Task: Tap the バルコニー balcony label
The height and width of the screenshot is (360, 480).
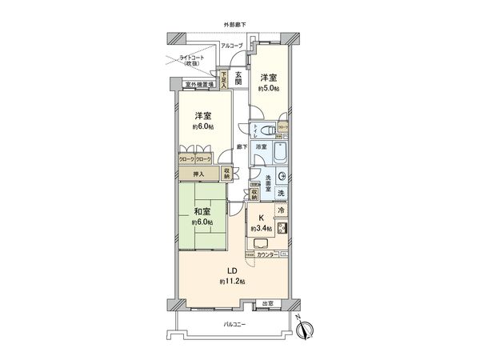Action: pos(233,323)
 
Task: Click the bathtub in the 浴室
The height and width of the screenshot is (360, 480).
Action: pos(281,154)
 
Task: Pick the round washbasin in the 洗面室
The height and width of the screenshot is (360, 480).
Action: pos(281,178)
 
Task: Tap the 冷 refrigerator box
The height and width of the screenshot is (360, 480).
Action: pos(282,210)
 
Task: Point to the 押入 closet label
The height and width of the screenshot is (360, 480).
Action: pos(198,174)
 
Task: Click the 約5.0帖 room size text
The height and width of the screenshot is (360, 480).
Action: pos(268,90)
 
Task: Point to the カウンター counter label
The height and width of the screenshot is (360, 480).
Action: pos(268,254)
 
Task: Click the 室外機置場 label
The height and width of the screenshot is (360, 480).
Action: pos(197,84)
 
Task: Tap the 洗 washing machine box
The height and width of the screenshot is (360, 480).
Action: pos(282,194)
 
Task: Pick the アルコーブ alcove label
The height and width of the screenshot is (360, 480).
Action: pos(233,46)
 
